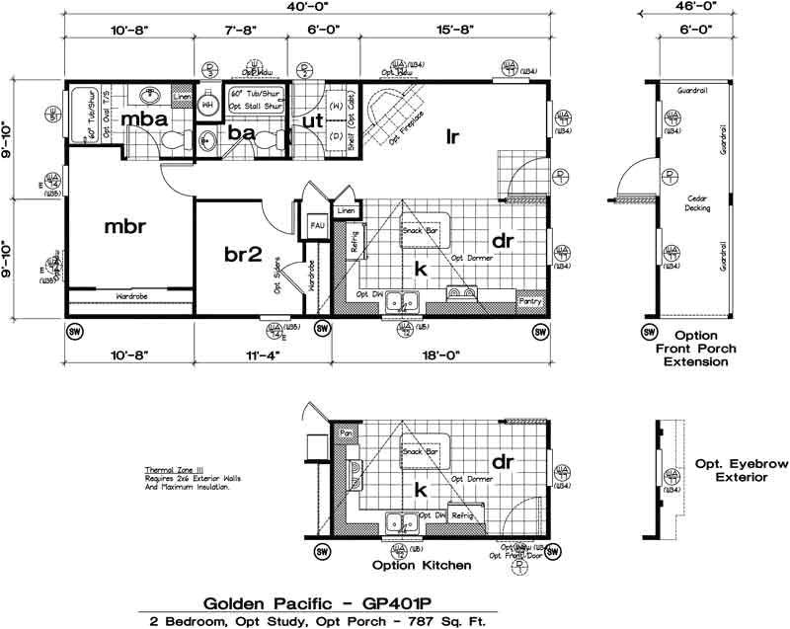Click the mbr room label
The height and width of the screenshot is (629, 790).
[125, 227]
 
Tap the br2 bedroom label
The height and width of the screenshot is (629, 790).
[241, 254]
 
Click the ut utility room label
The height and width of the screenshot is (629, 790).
[313, 120]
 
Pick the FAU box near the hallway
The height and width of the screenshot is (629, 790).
[317, 226]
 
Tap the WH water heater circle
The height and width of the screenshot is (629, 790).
[208, 104]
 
